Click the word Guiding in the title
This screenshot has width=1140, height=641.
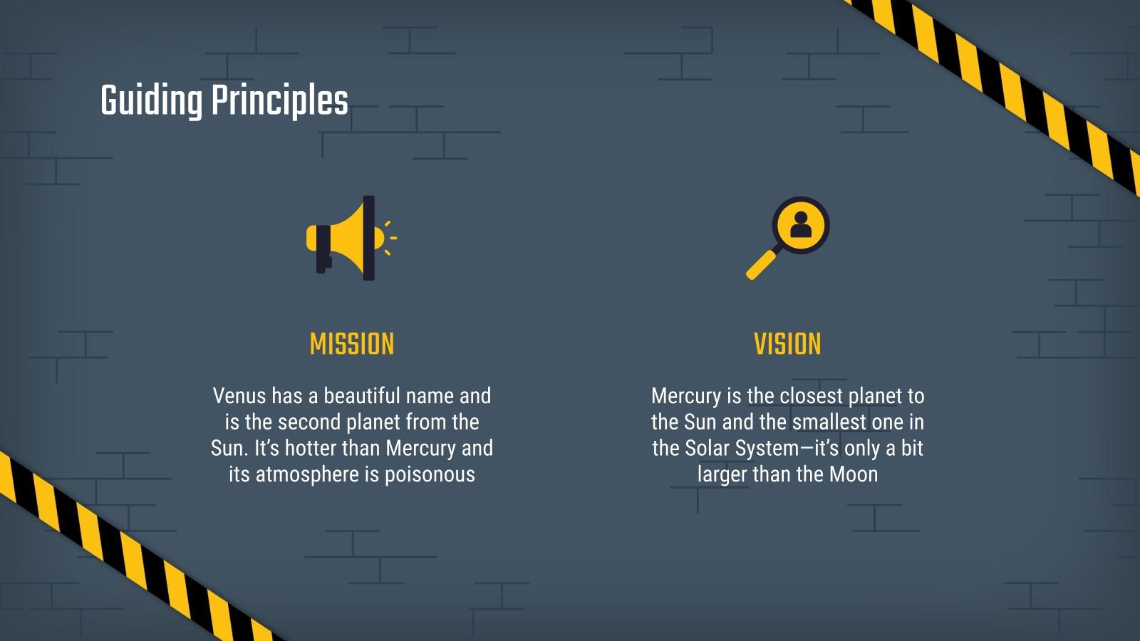(151, 100)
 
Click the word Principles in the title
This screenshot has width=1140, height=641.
(279, 100)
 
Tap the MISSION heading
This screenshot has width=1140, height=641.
(352, 345)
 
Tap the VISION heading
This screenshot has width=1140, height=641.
(787, 345)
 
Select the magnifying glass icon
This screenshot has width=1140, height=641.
(788, 237)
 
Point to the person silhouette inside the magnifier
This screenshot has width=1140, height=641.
(801, 224)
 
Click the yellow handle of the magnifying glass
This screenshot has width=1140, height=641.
(761, 264)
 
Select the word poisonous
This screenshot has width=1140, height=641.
(430, 474)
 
